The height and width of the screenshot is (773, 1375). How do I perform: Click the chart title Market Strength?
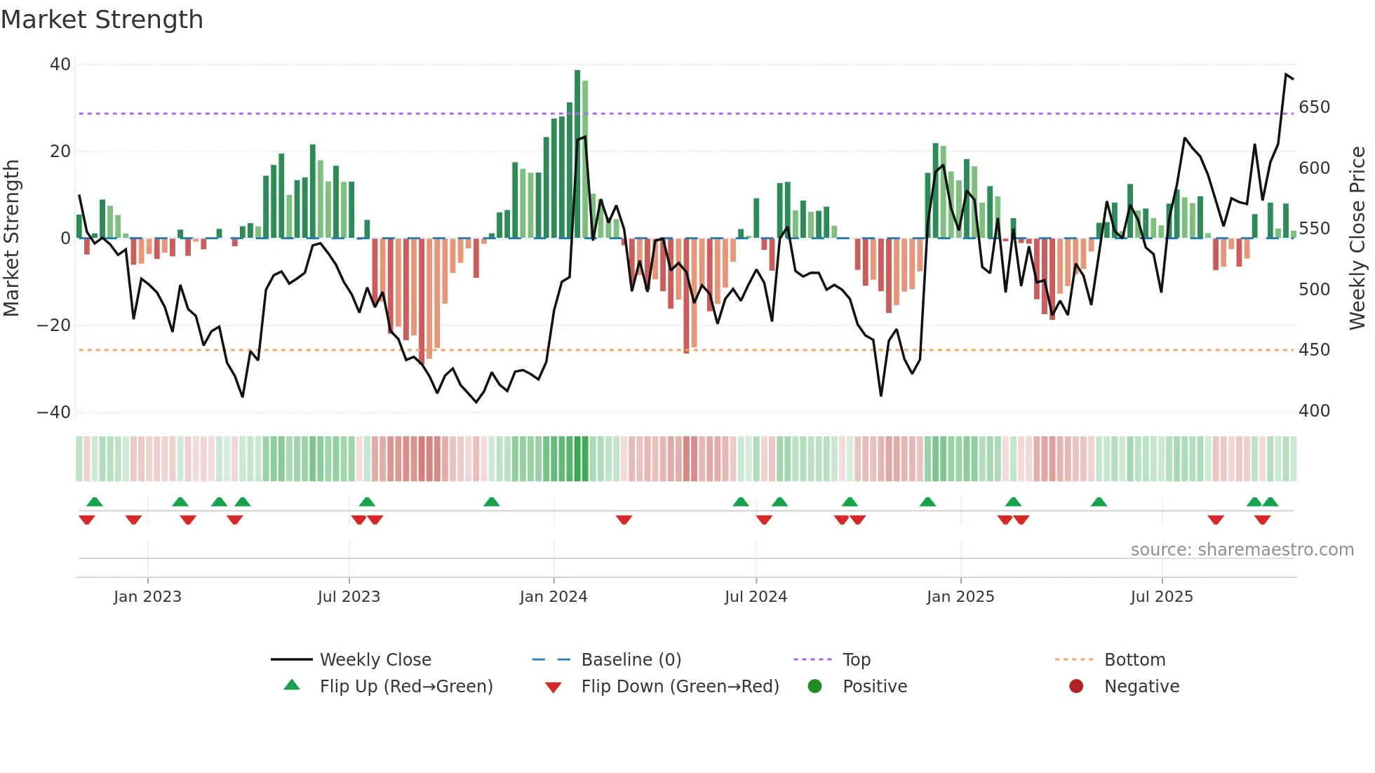tap(102, 20)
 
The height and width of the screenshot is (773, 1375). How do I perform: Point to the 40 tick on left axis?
tap(60, 65)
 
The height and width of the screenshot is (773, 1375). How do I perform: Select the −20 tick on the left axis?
tap(54, 325)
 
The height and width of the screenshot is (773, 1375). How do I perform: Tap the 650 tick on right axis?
tap(1314, 107)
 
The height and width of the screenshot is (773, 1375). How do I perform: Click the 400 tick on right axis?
tap(1314, 411)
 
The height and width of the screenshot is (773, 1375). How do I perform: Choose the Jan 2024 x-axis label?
tap(554, 597)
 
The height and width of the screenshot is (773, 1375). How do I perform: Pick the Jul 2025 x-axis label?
tap(1162, 597)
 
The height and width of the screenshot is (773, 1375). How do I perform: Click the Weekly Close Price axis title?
tap(1357, 238)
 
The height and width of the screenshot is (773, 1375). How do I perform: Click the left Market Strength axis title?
tap(12, 238)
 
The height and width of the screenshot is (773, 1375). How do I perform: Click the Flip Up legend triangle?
tap(292, 685)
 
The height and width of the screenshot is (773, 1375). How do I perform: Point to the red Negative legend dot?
tap(1076, 686)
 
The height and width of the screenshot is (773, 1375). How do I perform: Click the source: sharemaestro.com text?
tap(1242, 550)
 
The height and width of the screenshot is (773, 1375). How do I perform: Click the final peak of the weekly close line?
tap(1287, 74)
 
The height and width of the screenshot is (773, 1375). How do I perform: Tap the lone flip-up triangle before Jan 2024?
tap(492, 502)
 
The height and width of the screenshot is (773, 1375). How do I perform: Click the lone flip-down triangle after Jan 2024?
tap(624, 520)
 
